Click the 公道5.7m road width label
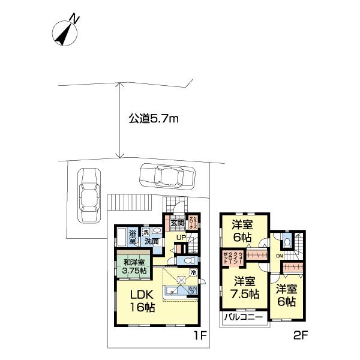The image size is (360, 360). (154, 119)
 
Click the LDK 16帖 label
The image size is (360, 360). (142, 300)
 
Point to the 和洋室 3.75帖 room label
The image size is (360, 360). (134, 266)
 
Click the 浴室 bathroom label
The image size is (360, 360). (132, 236)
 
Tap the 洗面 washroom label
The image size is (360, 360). (151, 241)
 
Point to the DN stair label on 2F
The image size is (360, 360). (278, 256)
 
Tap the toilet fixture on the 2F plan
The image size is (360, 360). (287, 241)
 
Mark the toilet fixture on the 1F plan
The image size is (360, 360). (187, 261)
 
